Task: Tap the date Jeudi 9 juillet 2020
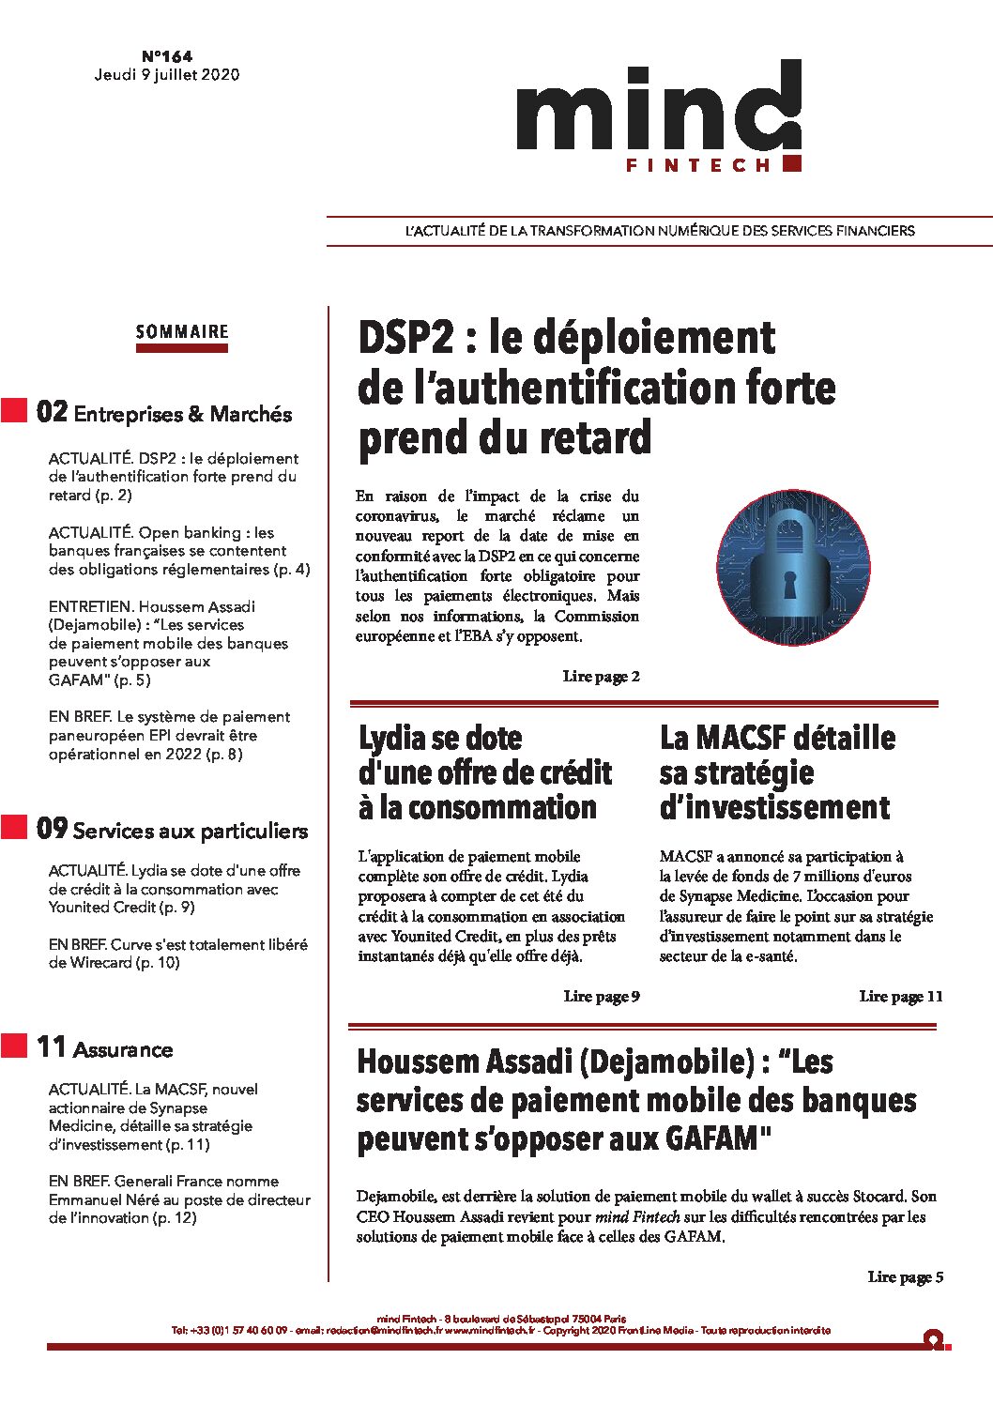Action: pos(167,75)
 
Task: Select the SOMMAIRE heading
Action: pos(182,331)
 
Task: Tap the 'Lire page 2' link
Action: pos(602,677)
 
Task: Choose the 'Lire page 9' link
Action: pos(602,997)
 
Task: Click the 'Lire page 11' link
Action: pos(900,997)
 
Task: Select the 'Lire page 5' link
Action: pos(905,1277)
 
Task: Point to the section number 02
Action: pos(52,412)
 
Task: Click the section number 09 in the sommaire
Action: pos(52,829)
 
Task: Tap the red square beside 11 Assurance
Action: pos(14,1046)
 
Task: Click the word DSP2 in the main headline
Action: pos(406,338)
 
